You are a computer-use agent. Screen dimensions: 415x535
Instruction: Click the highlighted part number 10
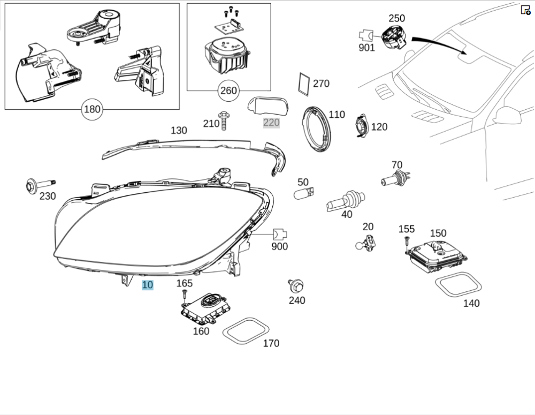(x=147, y=285)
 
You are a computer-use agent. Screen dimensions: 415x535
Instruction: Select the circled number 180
(x=92, y=110)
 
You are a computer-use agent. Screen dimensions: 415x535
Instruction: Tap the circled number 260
(x=228, y=91)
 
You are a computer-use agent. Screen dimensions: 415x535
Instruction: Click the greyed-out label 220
(x=271, y=123)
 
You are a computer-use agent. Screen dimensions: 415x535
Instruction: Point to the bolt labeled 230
(x=37, y=186)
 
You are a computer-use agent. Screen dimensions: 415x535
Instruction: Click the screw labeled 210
(x=224, y=121)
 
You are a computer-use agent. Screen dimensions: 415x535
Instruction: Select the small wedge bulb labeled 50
(x=304, y=193)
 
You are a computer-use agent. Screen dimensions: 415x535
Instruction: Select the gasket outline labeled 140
(x=458, y=284)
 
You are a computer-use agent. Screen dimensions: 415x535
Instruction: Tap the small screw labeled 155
(x=407, y=242)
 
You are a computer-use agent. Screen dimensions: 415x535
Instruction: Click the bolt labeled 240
(x=295, y=285)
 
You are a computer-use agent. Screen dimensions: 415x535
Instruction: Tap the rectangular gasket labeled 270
(x=304, y=83)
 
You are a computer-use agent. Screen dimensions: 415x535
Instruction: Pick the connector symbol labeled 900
(x=280, y=234)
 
